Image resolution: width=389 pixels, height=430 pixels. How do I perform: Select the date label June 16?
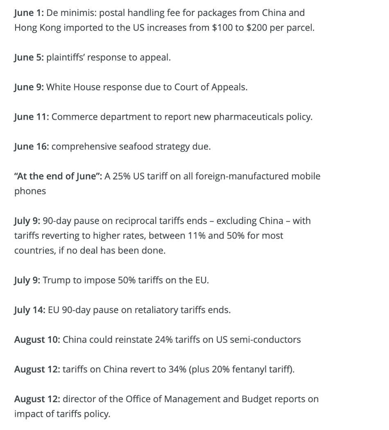click(x=32, y=146)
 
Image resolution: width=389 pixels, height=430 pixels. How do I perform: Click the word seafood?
click(x=138, y=146)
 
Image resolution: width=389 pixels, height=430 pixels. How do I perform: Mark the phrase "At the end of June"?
click(x=58, y=176)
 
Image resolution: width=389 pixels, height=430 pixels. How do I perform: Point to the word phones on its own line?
click(x=30, y=191)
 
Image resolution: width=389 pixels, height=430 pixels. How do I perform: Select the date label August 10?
click(x=37, y=340)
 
